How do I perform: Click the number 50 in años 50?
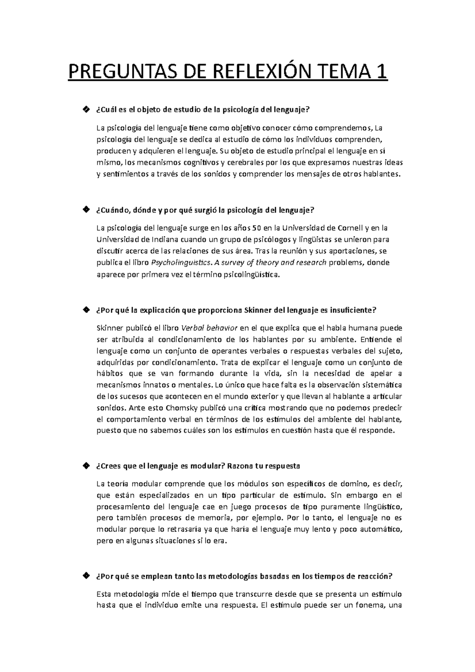pyautogui.click(x=257, y=228)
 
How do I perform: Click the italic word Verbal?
pyautogui.click(x=193, y=328)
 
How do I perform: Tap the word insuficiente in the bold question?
pyautogui.click(x=353, y=310)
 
